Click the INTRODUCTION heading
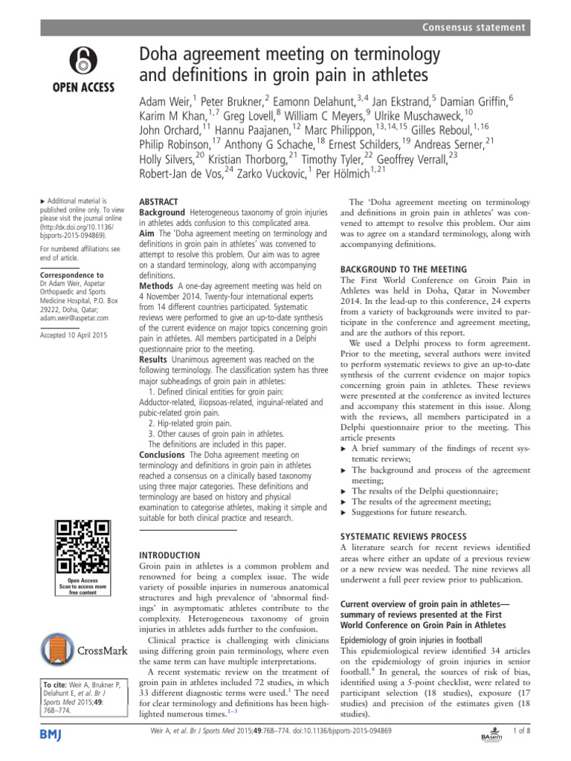[170, 554]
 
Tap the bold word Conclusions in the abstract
[164, 453]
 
